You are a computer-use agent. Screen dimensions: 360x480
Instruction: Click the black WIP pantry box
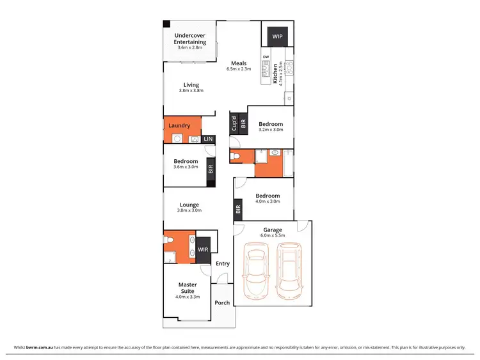coord(277,37)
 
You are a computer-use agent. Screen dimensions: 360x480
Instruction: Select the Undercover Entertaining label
coord(190,38)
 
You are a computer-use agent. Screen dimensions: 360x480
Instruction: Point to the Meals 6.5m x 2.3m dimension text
coord(239,69)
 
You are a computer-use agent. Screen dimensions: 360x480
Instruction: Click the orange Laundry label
coord(179,126)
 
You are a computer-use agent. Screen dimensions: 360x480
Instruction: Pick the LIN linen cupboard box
coord(208,139)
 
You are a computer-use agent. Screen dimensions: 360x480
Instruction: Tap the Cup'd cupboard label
coord(234,121)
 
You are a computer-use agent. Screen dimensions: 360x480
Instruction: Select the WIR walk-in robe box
coord(203,249)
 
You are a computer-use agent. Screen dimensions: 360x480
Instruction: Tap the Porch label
coord(222,302)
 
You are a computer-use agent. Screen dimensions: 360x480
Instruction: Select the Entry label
coord(222,263)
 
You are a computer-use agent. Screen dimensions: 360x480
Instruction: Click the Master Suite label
coord(188,288)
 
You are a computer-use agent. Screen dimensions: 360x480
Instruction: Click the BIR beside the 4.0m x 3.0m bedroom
coord(238,208)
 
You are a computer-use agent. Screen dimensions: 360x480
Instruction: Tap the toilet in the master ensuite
coord(168,240)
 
